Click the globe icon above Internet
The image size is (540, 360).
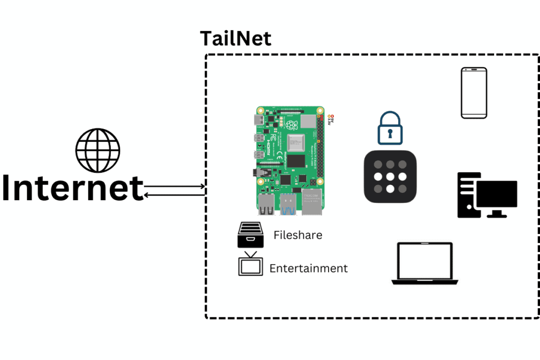coord(98,150)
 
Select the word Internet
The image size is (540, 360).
coord(72,188)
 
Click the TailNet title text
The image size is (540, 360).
coord(235,38)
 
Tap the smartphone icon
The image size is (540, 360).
coord(474,93)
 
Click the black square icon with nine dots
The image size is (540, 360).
coord(390,177)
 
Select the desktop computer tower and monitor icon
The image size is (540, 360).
coord(486,195)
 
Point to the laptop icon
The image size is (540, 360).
coord(425,264)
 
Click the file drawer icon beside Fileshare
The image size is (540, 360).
coord(250,235)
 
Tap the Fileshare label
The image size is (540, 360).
coord(297,235)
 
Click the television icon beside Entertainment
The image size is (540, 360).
coord(250,264)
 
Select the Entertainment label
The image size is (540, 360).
coord(308,268)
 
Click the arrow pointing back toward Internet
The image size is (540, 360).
coord(174,195)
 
